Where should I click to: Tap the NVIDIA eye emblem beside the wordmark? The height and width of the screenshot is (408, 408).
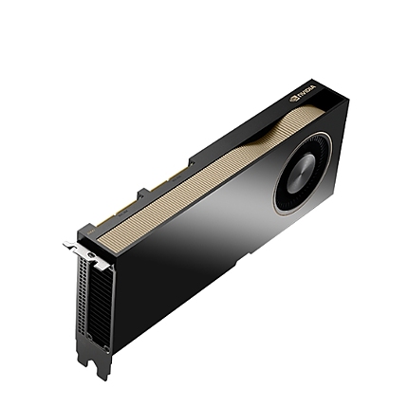coord(293,98)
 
